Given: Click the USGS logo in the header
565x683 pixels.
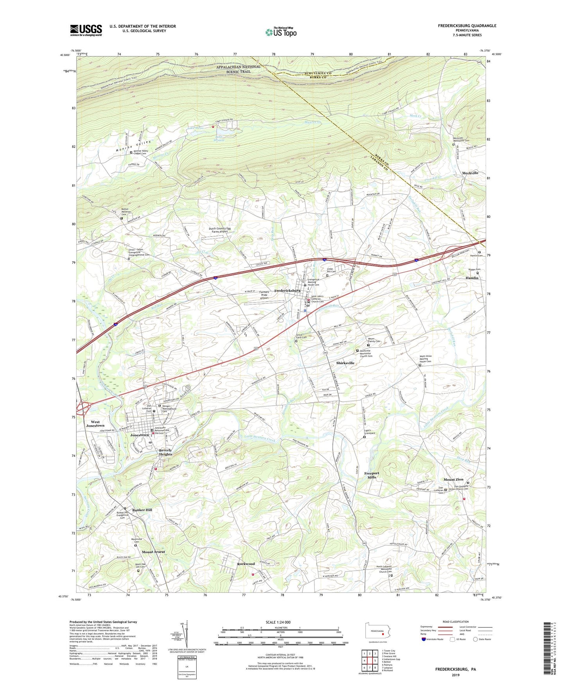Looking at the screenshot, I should (86, 30).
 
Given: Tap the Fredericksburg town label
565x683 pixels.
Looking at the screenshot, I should (287, 291).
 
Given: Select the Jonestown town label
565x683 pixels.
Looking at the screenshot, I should (140, 435).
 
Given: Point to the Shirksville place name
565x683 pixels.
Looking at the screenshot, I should (345, 363).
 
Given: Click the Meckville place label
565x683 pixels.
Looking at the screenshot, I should (470, 173).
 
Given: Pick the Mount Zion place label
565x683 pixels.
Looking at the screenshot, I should (453, 479).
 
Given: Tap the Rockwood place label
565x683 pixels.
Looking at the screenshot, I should (246, 564).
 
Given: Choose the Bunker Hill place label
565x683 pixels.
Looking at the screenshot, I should (142, 510).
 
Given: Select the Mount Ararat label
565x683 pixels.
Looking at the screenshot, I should (153, 552).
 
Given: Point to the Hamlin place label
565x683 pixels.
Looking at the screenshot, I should (472, 278).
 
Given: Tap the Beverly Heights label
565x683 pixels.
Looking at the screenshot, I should (165, 452).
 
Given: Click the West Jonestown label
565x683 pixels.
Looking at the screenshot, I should (95, 424).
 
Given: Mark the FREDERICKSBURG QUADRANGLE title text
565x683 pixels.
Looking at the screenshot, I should (467, 26).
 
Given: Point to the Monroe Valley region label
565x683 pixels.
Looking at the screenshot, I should (133, 146).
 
